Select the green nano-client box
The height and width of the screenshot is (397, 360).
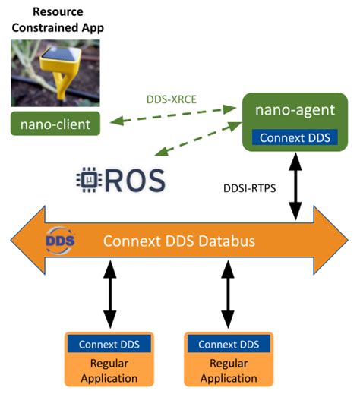58,124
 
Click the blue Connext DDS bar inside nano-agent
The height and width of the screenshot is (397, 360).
297,138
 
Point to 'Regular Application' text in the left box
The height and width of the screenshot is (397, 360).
112,370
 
